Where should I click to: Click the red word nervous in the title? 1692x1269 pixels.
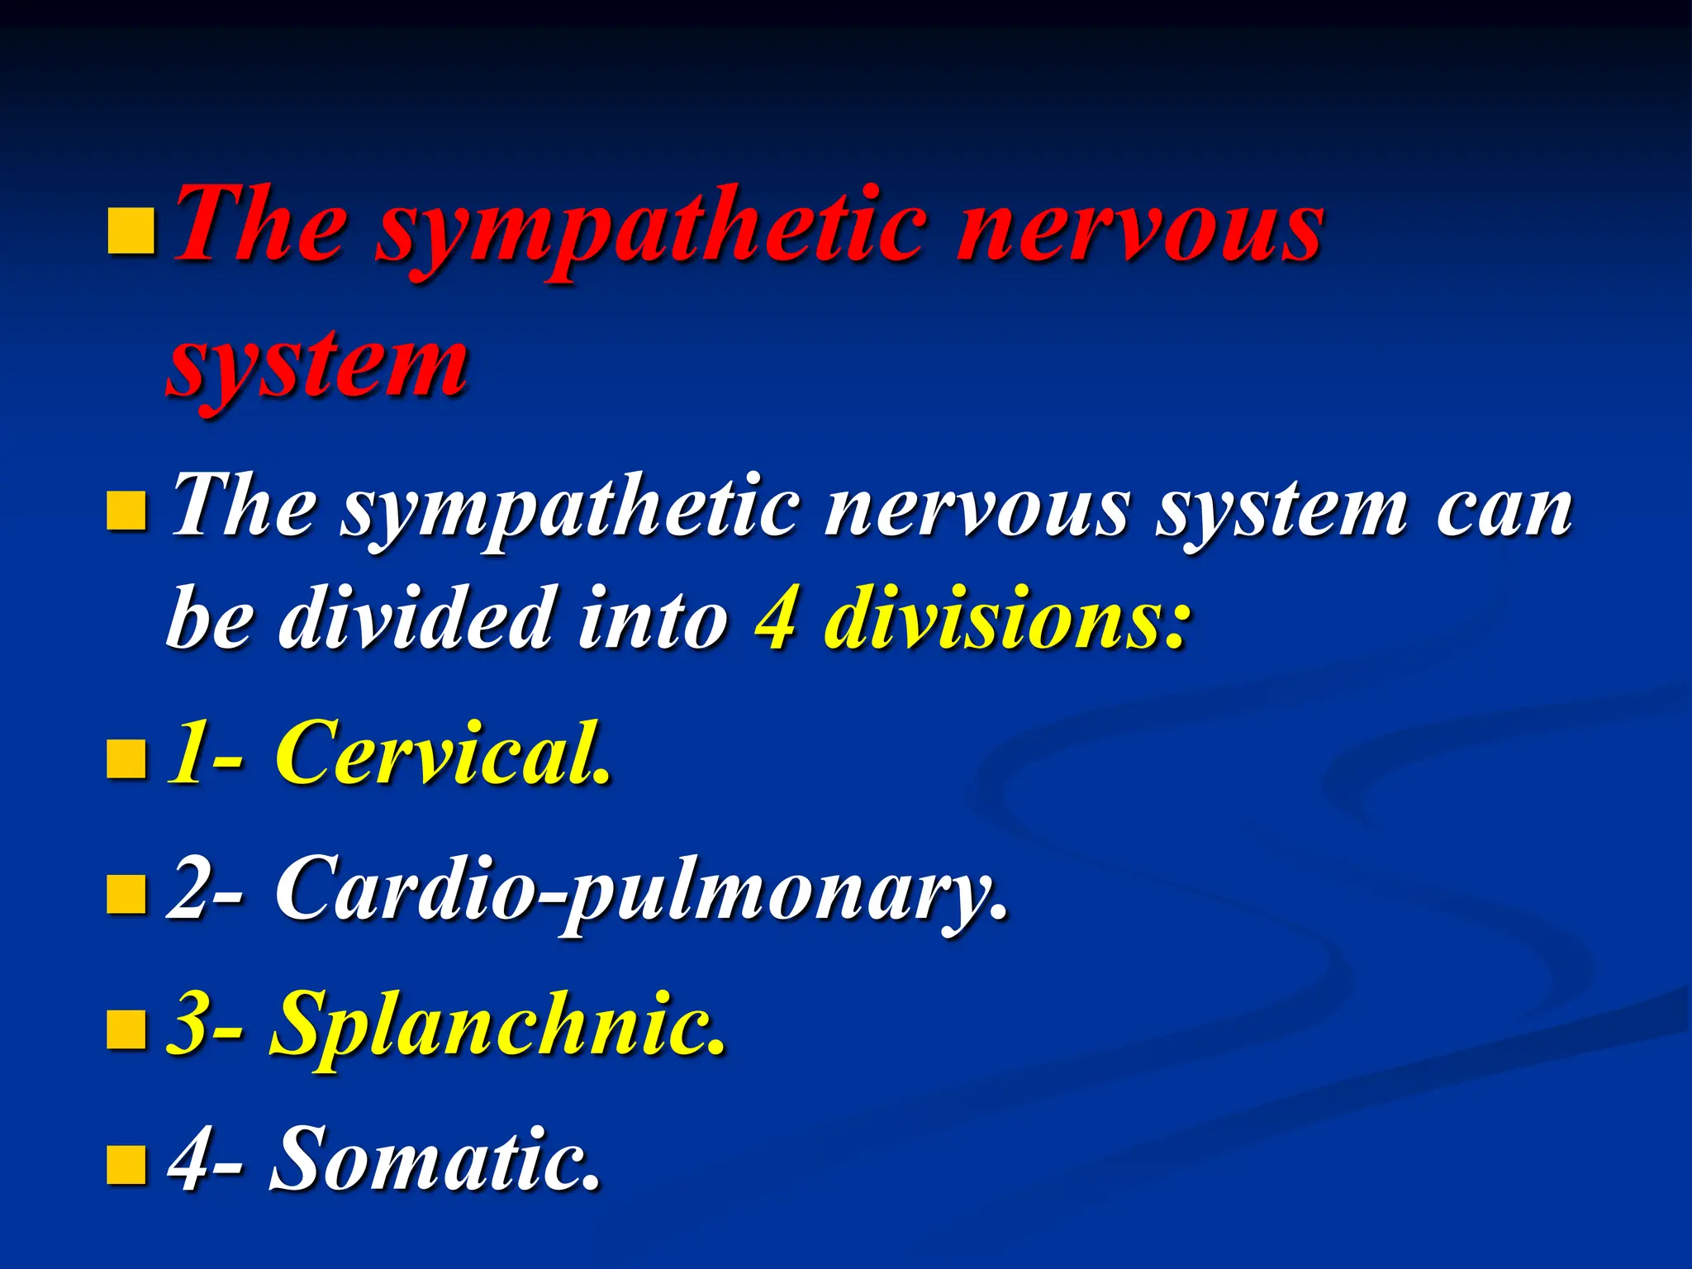coord(1140,227)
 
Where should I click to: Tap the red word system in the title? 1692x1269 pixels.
coord(318,364)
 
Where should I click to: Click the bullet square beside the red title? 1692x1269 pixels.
coord(131,231)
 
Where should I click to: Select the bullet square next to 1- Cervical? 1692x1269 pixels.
coord(127,759)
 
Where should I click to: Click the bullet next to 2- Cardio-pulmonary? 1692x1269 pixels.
coord(127,895)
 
